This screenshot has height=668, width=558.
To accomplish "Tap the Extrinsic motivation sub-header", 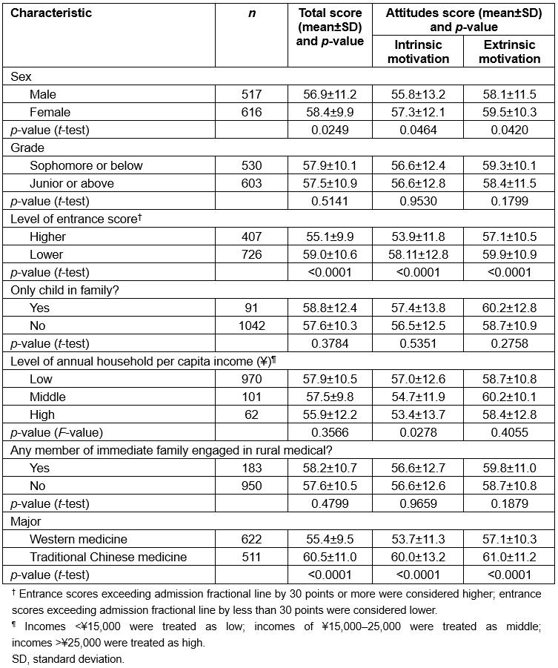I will point(509,52).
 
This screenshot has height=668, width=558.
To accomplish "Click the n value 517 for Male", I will point(252,94).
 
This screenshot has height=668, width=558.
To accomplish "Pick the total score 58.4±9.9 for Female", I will point(329,112).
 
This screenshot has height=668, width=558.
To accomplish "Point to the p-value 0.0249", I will point(329,130).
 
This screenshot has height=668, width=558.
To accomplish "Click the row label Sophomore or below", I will point(86,165).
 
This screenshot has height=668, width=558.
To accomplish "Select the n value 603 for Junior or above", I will point(252,183).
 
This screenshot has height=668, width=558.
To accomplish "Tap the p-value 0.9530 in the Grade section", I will point(418,201).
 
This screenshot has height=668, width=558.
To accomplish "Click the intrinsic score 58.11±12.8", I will point(418,254).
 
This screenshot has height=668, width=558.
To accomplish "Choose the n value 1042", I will point(252,325).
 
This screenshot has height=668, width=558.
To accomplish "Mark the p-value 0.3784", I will point(329,343).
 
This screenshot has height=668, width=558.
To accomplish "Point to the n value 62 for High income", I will point(252,414).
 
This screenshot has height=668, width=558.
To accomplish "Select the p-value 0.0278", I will point(418,432).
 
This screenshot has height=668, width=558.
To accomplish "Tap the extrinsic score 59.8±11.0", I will point(509,468).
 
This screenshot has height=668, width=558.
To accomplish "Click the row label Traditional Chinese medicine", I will point(108,557).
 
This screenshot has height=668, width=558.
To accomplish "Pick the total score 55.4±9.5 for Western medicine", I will point(329,539).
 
